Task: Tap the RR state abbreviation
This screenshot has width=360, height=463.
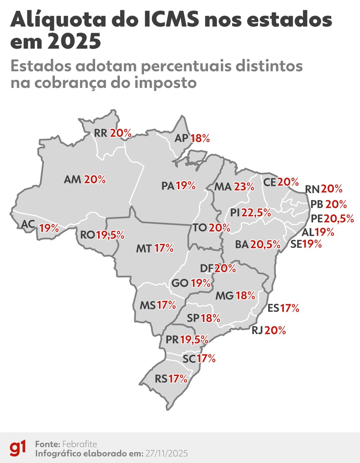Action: pyautogui.click(x=101, y=133)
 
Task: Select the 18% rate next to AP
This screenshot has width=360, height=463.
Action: pyautogui.click(x=200, y=138)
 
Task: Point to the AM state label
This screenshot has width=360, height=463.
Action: pyautogui.click(x=72, y=180)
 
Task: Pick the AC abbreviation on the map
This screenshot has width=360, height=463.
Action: pyautogui.click(x=28, y=224)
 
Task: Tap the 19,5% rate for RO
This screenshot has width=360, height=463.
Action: pyautogui.click(x=110, y=235)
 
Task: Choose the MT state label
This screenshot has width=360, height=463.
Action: pyautogui.click(x=143, y=249)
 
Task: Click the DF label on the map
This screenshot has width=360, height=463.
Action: pyautogui.click(x=207, y=268)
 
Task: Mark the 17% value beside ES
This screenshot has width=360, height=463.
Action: pyautogui.click(x=290, y=308)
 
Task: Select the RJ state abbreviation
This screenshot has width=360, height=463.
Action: pyautogui.click(x=257, y=331)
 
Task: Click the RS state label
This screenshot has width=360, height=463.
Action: pyautogui.click(x=161, y=379)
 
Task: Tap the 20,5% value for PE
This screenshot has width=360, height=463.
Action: pyautogui.click(x=339, y=219)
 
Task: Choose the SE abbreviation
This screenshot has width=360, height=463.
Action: pyautogui.click(x=296, y=244)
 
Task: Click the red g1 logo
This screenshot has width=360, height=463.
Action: pyautogui.click(x=18, y=448)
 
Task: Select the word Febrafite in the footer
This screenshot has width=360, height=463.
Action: pyautogui.click(x=79, y=444)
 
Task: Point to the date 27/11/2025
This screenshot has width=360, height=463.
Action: pyautogui.click(x=166, y=453)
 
